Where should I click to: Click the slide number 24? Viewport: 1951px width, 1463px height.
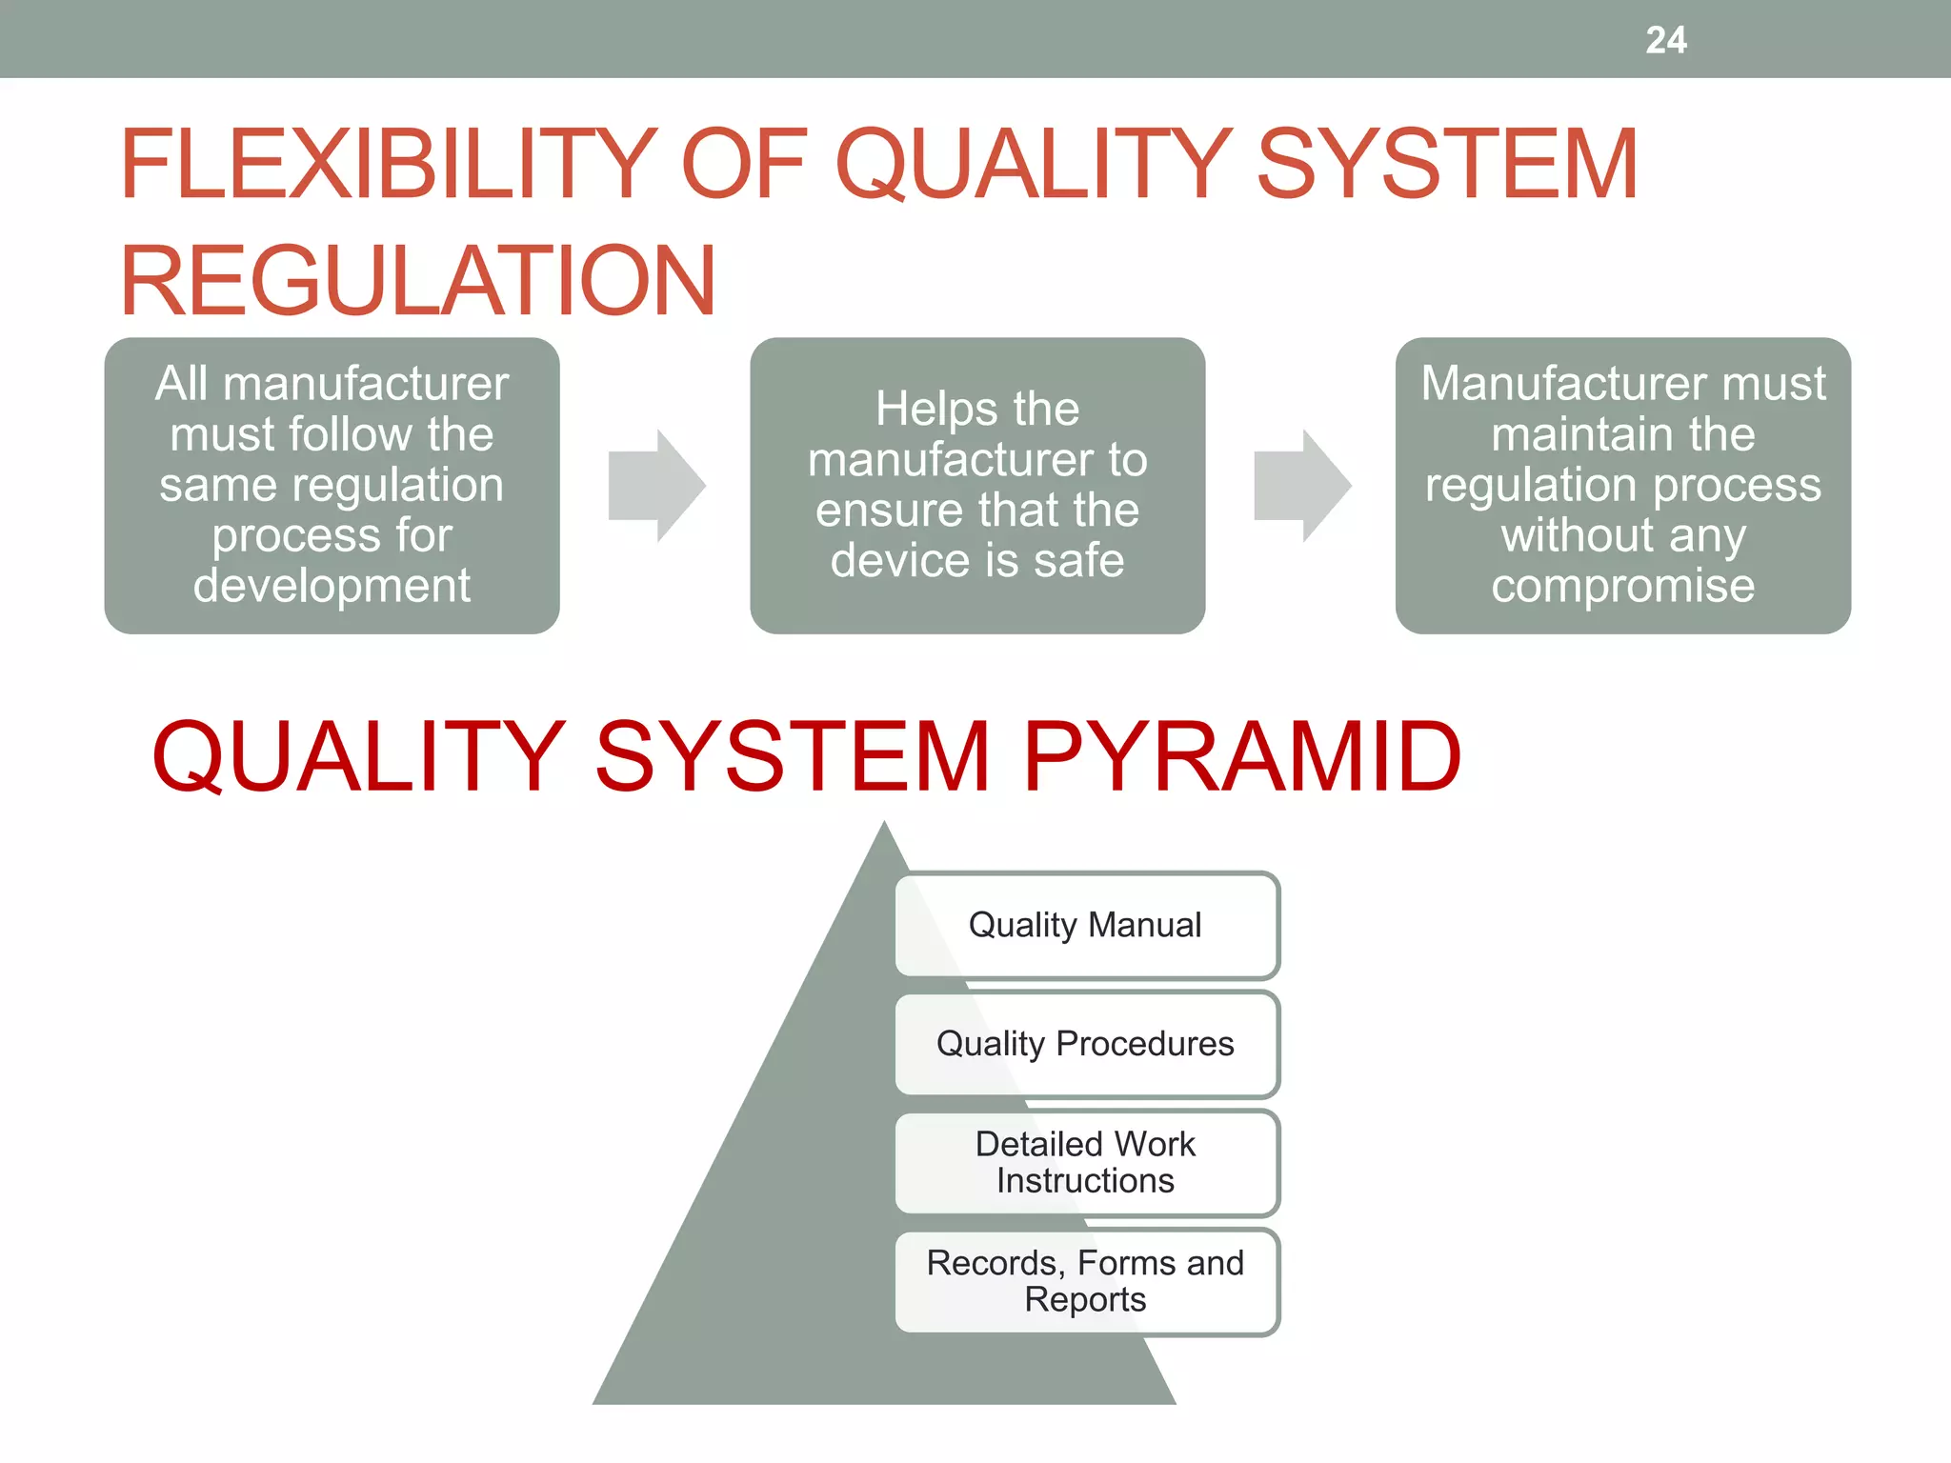tap(1665, 40)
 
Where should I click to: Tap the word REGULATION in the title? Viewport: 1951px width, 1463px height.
tap(417, 281)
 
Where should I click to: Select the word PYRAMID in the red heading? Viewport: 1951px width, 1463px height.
tap(1241, 756)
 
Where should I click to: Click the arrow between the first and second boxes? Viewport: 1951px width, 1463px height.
tap(656, 486)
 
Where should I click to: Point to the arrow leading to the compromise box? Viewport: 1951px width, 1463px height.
tap(1302, 486)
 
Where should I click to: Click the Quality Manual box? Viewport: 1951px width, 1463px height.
tap(1086, 925)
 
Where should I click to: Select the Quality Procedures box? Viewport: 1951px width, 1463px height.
tap(1086, 1044)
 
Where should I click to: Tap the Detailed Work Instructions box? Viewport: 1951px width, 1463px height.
tap(1086, 1162)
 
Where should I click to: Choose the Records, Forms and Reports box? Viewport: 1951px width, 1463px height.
tap(1086, 1281)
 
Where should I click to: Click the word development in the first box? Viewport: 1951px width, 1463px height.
tap(332, 585)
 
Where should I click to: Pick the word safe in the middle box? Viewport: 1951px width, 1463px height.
tap(1079, 560)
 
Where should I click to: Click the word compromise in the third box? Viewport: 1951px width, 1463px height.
tap(1622, 586)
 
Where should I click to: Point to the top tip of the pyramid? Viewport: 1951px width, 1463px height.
tap(884, 825)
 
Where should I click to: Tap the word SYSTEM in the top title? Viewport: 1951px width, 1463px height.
tap(1447, 165)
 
